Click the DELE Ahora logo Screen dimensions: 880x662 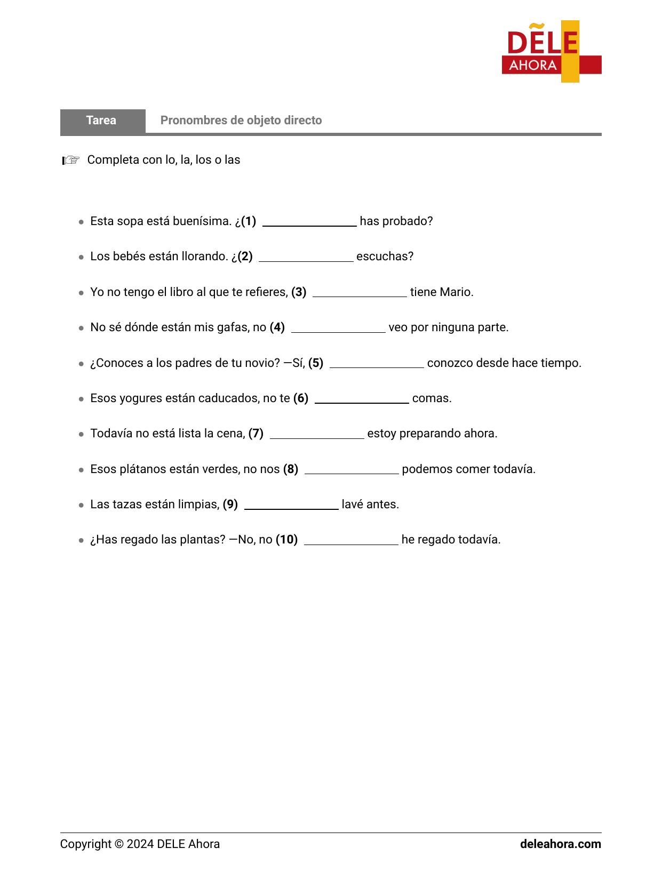[x=551, y=52]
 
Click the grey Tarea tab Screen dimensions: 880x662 [x=102, y=121]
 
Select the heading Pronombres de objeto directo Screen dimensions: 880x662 [x=241, y=121]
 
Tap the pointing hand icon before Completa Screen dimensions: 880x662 [x=70, y=160]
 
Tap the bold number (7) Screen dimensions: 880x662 [x=256, y=434]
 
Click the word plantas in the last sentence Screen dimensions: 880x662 [x=205, y=540]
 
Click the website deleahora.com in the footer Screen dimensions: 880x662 [x=560, y=844]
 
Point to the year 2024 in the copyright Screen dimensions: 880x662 [x=140, y=844]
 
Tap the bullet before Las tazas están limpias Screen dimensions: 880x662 [x=81, y=505]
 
